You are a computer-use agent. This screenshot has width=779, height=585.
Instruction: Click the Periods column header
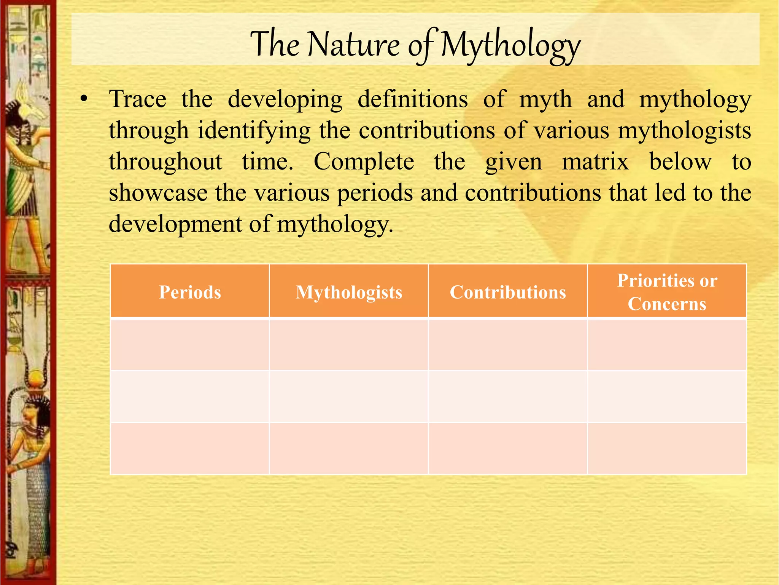(190, 292)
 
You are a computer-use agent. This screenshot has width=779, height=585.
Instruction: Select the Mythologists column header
(349, 292)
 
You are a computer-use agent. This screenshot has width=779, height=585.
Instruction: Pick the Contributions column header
(508, 292)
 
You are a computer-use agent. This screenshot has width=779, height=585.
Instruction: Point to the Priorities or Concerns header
(667, 292)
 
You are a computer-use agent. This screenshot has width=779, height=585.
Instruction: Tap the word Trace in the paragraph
(138, 99)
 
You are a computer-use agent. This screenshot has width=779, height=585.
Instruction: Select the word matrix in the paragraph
(595, 161)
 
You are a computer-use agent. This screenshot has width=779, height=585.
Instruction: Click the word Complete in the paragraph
(364, 161)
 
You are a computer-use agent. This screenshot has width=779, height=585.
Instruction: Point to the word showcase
(158, 193)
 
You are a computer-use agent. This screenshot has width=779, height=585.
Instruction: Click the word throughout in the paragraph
(165, 161)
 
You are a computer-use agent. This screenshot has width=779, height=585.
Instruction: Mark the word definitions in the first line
(413, 99)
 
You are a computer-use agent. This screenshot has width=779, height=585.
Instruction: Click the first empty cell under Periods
(190, 344)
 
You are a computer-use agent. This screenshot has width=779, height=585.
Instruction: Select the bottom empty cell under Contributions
(508, 448)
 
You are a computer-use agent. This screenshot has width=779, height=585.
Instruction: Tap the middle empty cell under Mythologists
(349, 396)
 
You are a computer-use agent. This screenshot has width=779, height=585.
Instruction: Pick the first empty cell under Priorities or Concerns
(667, 344)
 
